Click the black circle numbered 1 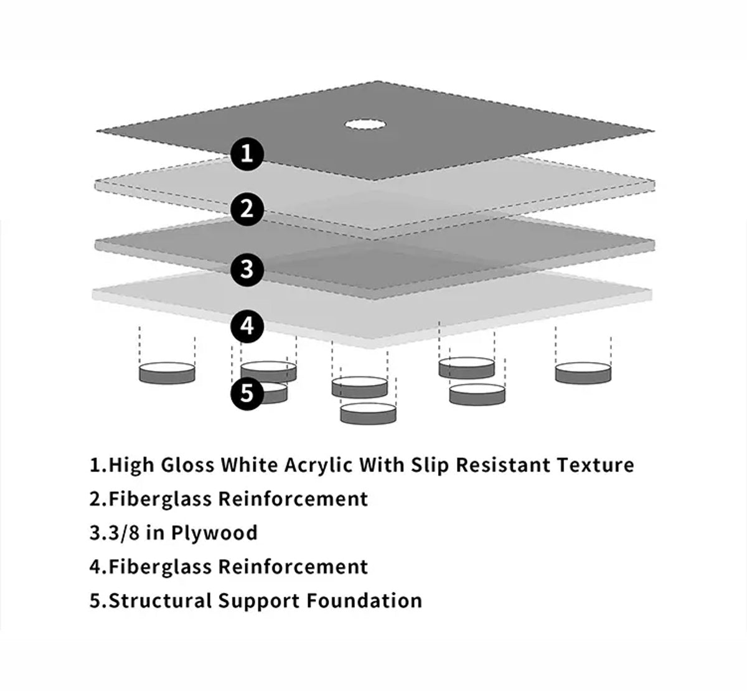(247, 154)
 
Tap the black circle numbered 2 (247, 209)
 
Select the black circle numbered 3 (247, 269)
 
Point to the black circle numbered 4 (247, 326)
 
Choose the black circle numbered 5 (247, 394)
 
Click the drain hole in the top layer (365, 124)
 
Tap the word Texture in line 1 (595, 465)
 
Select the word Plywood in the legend (214, 534)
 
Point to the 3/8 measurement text (124, 533)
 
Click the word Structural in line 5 (160, 600)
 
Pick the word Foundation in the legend (364, 600)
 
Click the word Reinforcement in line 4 (293, 567)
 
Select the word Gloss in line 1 (187, 465)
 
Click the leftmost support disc (167, 373)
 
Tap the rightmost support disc (583, 373)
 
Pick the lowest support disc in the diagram (369, 414)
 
